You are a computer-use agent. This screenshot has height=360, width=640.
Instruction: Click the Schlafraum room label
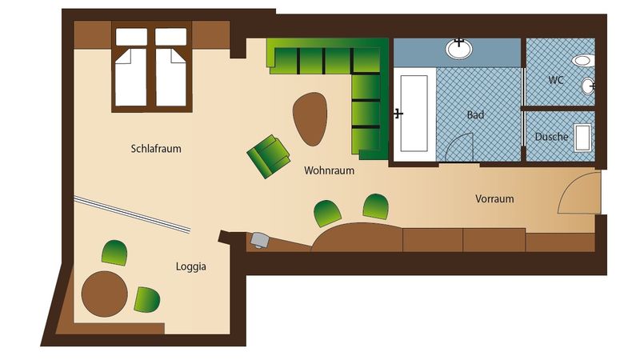(x=156, y=149)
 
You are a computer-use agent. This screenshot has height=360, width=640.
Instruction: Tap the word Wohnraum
(x=329, y=170)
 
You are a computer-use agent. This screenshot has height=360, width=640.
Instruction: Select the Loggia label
(x=190, y=267)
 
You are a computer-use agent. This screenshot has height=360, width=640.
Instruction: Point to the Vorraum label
(x=494, y=198)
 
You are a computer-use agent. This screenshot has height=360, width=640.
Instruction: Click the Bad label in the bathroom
(x=475, y=114)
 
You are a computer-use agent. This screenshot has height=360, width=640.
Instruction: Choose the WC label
(x=556, y=79)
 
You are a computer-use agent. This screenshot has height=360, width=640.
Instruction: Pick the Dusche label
(x=551, y=137)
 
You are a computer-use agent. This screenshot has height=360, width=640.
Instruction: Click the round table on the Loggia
(x=105, y=294)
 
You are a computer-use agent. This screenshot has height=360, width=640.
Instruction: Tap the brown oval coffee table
(x=310, y=118)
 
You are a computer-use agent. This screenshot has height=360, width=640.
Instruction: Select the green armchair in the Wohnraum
(x=268, y=156)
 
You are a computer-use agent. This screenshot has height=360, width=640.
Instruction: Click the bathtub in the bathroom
(x=414, y=114)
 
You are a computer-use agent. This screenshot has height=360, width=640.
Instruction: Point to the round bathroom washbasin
(x=458, y=49)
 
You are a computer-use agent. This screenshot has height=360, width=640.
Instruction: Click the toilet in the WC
(x=583, y=61)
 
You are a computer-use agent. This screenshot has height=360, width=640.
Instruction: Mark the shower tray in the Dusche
(x=582, y=138)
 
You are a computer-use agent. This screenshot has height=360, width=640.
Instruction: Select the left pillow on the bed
(x=131, y=36)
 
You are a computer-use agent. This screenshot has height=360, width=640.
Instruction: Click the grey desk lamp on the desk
(x=259, y=239)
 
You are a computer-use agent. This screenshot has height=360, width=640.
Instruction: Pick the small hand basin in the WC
(x=588, y=86)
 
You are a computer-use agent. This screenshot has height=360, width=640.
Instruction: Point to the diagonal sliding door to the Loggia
(x=132, y=214)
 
